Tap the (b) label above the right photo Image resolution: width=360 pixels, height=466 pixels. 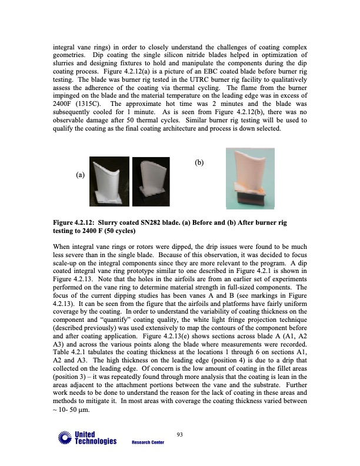click(x=199, y=163)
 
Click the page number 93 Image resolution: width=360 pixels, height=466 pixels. click(x=180, y=435)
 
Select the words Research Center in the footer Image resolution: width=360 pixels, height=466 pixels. click(x=147, y=442)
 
